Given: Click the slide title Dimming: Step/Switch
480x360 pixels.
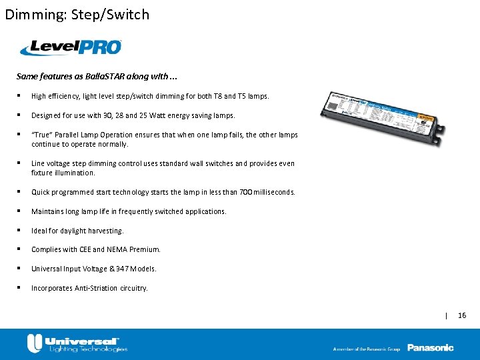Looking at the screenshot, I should [77, 14].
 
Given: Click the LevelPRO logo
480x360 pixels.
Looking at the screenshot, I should [71, 47].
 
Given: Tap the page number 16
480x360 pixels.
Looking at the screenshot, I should [462, 315].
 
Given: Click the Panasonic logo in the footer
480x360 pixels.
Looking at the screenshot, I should [430, 347].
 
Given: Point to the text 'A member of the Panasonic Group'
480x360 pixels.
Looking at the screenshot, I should [367, 349].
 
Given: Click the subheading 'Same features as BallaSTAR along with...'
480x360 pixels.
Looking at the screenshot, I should [97, 77].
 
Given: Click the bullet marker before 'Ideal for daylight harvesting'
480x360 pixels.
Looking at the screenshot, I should [22, 230].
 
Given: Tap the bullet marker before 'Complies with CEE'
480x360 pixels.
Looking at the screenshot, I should [22, 249].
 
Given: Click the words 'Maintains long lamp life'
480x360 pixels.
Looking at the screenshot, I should [73, 211].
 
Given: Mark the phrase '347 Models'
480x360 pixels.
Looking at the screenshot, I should [137, 269].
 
